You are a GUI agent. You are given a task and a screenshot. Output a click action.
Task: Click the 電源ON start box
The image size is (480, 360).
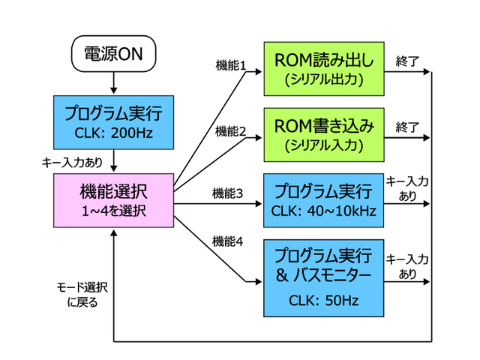coord(112,53)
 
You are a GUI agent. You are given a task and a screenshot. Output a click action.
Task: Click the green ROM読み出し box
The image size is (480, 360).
coord(323,68)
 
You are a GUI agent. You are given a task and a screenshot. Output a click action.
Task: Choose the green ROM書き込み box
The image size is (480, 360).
coord(323,133)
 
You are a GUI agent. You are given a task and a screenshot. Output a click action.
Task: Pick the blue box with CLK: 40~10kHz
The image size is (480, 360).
coord(323,199)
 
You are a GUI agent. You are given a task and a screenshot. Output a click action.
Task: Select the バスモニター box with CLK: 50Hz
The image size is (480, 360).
coord(323,277)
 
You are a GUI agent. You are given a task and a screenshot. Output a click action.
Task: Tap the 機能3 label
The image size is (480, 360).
coord(228,193)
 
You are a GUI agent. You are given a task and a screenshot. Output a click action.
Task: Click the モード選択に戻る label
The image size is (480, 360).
coord(82,295)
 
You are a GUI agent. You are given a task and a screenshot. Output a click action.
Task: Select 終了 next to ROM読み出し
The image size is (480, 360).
coord(406,60)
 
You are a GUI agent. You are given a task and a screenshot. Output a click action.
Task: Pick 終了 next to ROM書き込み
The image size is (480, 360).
coord(406,125)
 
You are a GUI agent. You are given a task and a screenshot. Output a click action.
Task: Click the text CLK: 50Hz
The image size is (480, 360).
coord(323,301)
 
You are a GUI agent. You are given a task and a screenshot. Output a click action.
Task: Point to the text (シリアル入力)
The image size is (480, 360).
coord(323,144)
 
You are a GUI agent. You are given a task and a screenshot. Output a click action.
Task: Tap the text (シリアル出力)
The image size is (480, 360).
coord(323,79)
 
